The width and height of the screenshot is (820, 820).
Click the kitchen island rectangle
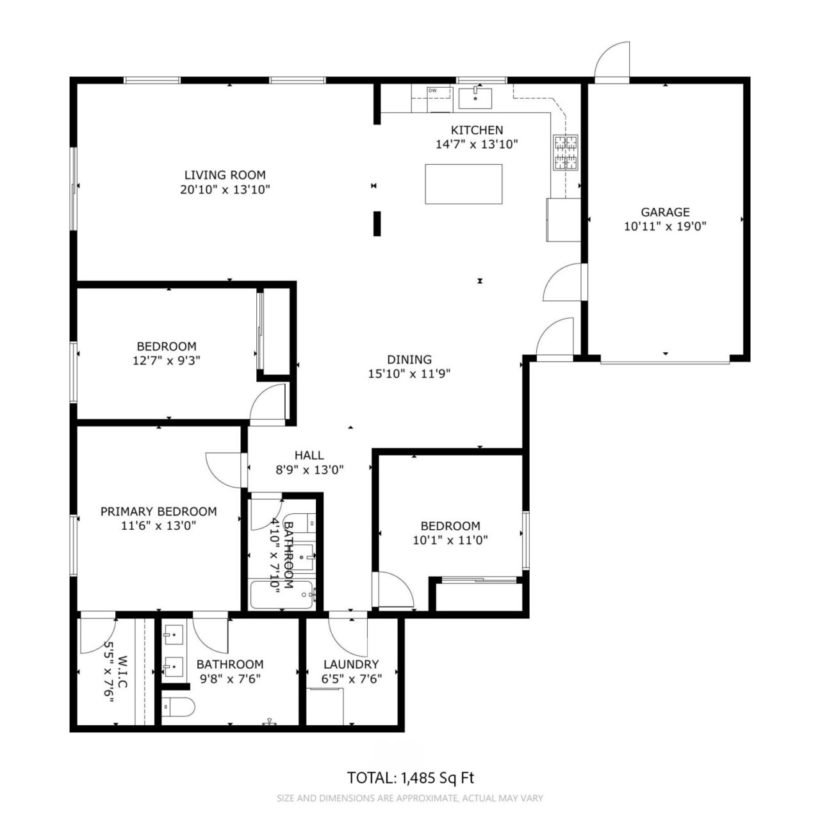[463, 184]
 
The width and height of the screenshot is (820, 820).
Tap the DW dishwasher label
[432, 90]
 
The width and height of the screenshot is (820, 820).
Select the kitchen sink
[475, 98]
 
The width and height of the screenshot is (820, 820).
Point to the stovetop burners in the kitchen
[566, 152]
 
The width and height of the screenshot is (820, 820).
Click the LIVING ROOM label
[225, 175]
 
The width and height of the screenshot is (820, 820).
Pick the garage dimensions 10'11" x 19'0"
[665, 226]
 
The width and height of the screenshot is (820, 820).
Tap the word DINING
[409, 359]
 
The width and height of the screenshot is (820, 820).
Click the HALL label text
[309, 455]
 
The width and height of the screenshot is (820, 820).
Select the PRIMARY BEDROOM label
[158, 511]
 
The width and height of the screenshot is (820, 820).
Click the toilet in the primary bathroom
[178, 707]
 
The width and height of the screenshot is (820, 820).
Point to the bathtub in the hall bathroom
[282, 594]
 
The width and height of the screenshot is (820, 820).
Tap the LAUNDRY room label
[351, 664]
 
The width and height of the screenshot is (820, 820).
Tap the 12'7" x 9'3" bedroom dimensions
[167, 361]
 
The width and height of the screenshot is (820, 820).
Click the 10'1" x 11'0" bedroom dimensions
[450, 540]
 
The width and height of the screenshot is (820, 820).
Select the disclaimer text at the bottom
[410, 798]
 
